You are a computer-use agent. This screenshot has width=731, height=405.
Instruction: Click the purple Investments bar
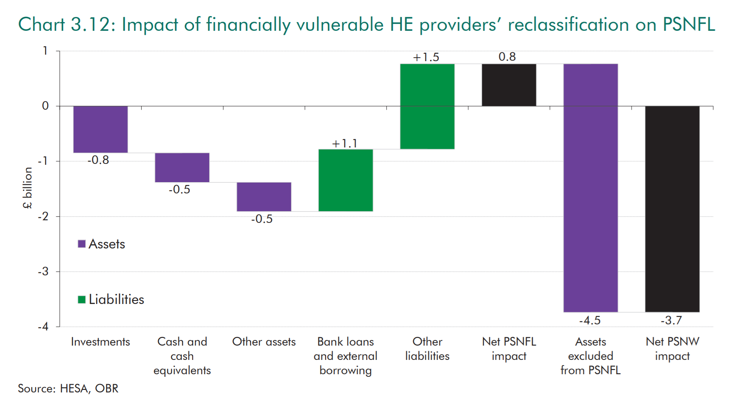(x=100, y=129)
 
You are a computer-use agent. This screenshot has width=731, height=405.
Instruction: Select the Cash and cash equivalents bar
(x=182, y=167)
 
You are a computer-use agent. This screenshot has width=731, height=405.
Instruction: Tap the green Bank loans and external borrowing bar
(x=346, y=180)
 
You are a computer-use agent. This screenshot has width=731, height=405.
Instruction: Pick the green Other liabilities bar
(x=427, y=106)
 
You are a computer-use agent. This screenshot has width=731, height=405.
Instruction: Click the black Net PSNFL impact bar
(x=509, y=85)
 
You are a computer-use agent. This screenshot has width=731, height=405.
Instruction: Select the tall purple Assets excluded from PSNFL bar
(x=590, y=188)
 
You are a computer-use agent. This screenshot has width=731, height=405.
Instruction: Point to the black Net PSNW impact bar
(x=672, y=209)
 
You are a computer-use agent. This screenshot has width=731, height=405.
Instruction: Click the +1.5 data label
(x=426, y=57)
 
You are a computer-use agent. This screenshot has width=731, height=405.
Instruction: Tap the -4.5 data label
(x=590, y=320)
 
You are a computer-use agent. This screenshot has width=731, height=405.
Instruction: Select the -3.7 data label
(x=671, y=320)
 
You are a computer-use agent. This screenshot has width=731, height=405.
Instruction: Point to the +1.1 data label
(x=345, y=144)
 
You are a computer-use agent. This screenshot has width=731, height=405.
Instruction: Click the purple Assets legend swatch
(x=81, y=244)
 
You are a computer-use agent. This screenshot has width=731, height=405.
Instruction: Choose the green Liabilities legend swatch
(x=81, y=299)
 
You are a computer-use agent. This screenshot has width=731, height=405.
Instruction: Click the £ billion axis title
(x=28, y=188)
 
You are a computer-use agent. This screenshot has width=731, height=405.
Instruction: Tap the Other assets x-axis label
(x=264, y=342)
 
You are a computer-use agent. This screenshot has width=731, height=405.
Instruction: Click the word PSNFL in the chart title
(x=689, y=25)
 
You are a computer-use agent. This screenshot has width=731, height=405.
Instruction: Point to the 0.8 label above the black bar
(x=507, y=57)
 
